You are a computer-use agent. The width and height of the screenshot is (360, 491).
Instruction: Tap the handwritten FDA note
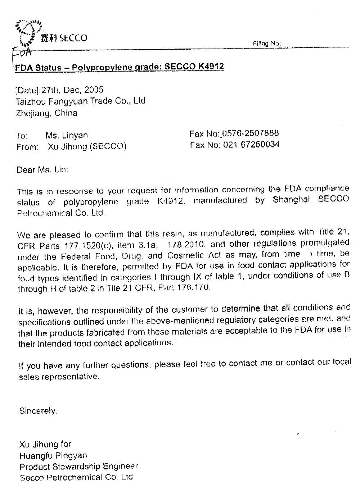coord(22,53)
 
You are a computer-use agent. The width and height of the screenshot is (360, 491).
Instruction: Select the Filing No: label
coord(266,44)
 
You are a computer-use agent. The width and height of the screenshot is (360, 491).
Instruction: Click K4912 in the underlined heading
coord(211,67)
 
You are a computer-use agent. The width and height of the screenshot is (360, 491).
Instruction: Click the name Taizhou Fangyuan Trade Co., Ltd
coord(80,101)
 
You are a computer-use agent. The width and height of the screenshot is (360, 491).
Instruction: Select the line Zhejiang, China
coord(47,113)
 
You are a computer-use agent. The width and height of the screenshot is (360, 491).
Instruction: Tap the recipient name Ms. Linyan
coord(67,136)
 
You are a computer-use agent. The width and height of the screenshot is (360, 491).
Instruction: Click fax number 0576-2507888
coord(251,134)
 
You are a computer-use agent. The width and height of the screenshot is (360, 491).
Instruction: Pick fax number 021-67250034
coord(251,145)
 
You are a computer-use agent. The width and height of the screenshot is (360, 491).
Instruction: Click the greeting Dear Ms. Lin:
coord(42,169)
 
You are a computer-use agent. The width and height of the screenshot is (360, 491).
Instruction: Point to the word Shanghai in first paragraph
coord(291,200)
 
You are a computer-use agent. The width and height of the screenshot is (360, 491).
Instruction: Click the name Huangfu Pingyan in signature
coord(53,456)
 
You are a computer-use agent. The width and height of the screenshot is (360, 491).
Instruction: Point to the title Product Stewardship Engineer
coord(78,467)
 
